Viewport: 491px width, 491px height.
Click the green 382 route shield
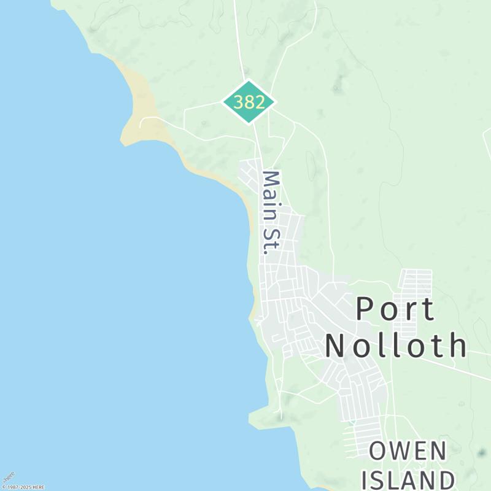tap(249, 102)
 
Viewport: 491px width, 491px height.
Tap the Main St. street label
tap(271, 212)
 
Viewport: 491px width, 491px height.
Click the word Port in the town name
tap(396, 309)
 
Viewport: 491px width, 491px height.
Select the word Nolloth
tap(396, 346)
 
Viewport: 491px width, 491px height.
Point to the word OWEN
tap(408, 452)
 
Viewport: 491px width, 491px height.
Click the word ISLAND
tap(408, 479)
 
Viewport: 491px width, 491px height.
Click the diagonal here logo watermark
tap(9, 477)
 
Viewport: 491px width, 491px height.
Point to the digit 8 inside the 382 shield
tap(249, 102)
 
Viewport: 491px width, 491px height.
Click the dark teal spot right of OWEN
tap(481, 454)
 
